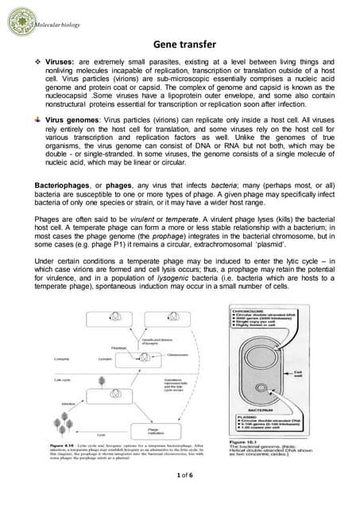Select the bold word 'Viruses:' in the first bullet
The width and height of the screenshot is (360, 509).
tap(61, 60)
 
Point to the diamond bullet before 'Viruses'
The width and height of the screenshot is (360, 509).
tap(38, 60)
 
